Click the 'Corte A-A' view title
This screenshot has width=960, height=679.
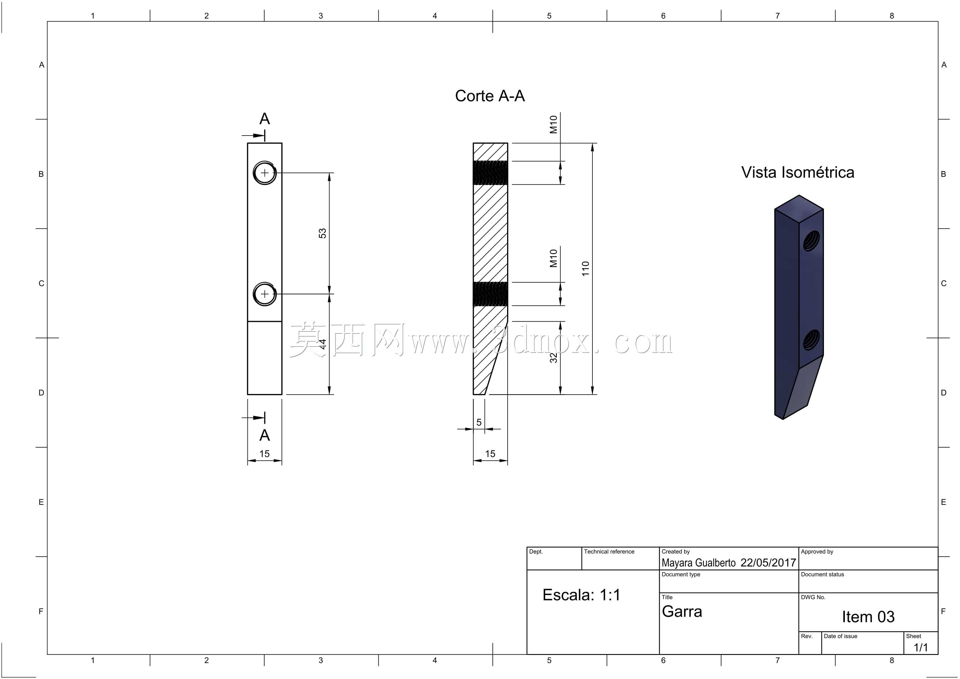pos(490,96)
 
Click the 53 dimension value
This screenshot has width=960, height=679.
pos(322,233)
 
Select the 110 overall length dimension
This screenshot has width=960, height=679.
pos(585,268)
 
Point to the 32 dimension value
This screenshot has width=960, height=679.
pos(554,358)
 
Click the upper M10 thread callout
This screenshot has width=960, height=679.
pos(554,124)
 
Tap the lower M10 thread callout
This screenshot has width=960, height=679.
pos(554,258)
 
